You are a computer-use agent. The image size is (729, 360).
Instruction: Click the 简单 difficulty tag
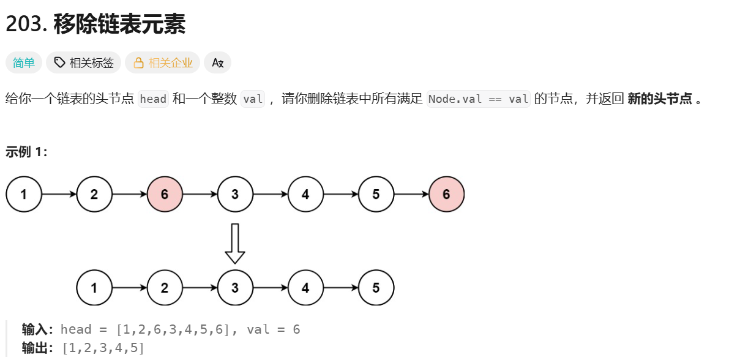coord(24,62)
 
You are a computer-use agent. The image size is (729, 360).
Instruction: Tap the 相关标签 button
coord(84,62)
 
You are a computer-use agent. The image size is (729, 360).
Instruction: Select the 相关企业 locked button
coord(163,62)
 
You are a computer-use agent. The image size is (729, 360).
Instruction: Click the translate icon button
coord(218,62)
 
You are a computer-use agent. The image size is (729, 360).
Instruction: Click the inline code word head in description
coord(153,99)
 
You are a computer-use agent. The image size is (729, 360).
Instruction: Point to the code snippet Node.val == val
coord(479,99)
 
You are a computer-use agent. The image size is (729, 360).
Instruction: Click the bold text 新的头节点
coord(660,99)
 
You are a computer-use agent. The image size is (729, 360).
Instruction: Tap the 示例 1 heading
coord(26,152)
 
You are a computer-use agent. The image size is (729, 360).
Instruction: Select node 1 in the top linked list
coord(23,195)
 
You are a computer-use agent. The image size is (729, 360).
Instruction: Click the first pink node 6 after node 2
coord(165,195)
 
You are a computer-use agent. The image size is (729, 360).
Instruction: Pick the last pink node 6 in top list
coord(446,195)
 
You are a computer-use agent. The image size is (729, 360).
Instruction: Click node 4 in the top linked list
coord(305,195)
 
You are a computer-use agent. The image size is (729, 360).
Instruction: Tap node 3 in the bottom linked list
coord(235,288)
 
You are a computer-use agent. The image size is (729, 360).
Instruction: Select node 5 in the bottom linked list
coord(376,288)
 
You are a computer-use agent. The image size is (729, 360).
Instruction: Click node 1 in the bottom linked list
coord(94,288)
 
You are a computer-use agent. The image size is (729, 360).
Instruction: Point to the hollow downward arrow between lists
coord(235,243)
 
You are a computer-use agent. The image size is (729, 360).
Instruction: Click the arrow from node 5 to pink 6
coord(411,195)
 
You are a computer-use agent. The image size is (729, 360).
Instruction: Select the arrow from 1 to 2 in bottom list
coord(129,288)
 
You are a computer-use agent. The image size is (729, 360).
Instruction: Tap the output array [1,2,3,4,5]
coord(103,348)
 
